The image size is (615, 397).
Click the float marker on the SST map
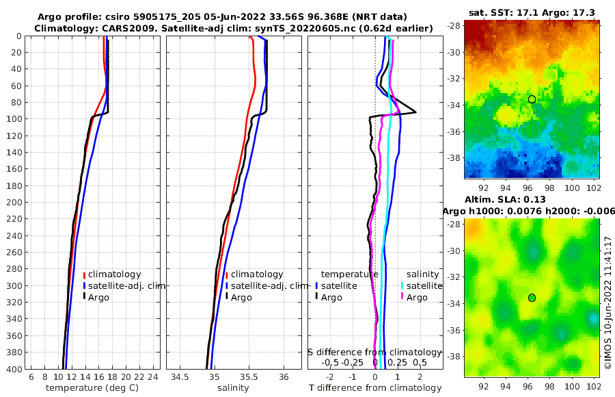(532, 99)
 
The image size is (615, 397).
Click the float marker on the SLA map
(532, 297)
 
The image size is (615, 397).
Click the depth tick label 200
(13, 203)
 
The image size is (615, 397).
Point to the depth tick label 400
(13, 369)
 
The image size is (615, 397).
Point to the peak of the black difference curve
(415, 113)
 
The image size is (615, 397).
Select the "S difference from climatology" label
(374, 351)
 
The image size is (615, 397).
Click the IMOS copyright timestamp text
(608, 294)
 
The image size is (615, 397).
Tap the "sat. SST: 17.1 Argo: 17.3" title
(531, 12)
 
